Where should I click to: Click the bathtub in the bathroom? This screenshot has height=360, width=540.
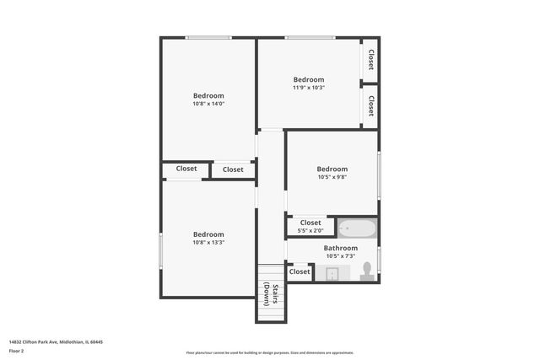(x=358, y=228)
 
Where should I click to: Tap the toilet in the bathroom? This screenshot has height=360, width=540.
(x=367, y=271)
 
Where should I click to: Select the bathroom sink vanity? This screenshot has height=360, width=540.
(x=332, y=273)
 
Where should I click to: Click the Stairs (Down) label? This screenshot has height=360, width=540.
(x=270, y=293)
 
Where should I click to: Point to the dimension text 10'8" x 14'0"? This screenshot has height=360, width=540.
(x=208, y=105)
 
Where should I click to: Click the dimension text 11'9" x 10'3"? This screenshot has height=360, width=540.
(x=309, y=88)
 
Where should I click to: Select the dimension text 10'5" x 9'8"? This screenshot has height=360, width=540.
(x=332, y=177)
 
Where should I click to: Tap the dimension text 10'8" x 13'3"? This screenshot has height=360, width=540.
(x=208, y=243)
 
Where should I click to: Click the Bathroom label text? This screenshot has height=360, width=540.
(x=341, y=248)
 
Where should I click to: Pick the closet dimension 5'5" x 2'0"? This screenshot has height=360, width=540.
(x=310, y=231)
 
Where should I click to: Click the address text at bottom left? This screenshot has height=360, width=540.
(x=56, y=342)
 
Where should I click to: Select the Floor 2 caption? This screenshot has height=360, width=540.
(x=17, y=352)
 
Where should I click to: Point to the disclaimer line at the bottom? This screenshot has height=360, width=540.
(x=270, y=352)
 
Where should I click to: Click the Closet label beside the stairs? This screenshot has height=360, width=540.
(x=300, y=271)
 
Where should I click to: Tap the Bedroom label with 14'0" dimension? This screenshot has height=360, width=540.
(x=208, y=95)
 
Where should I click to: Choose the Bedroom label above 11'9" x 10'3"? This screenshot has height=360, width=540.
(x=309, y=80)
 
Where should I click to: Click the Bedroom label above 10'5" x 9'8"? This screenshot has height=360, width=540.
(x=332, y=169)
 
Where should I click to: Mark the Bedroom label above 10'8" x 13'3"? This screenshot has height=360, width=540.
(x=208, y=234)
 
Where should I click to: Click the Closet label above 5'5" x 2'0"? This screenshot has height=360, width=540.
(x=310, y=223)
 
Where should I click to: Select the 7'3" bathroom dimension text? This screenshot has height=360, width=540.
(x=341, y=256)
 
